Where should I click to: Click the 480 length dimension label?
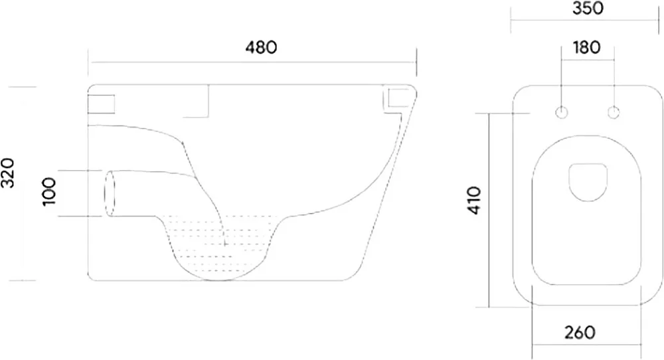pos(261,47)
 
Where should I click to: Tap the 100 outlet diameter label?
pos(49,192)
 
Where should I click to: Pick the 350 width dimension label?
pos(588,8)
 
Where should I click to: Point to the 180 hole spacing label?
pos(587,47)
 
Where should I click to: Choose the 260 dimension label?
pos(580,333)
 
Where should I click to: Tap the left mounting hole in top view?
pos(562,113)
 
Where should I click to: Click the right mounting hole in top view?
pos(614,113)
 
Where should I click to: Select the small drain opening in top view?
pos(588,182)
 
